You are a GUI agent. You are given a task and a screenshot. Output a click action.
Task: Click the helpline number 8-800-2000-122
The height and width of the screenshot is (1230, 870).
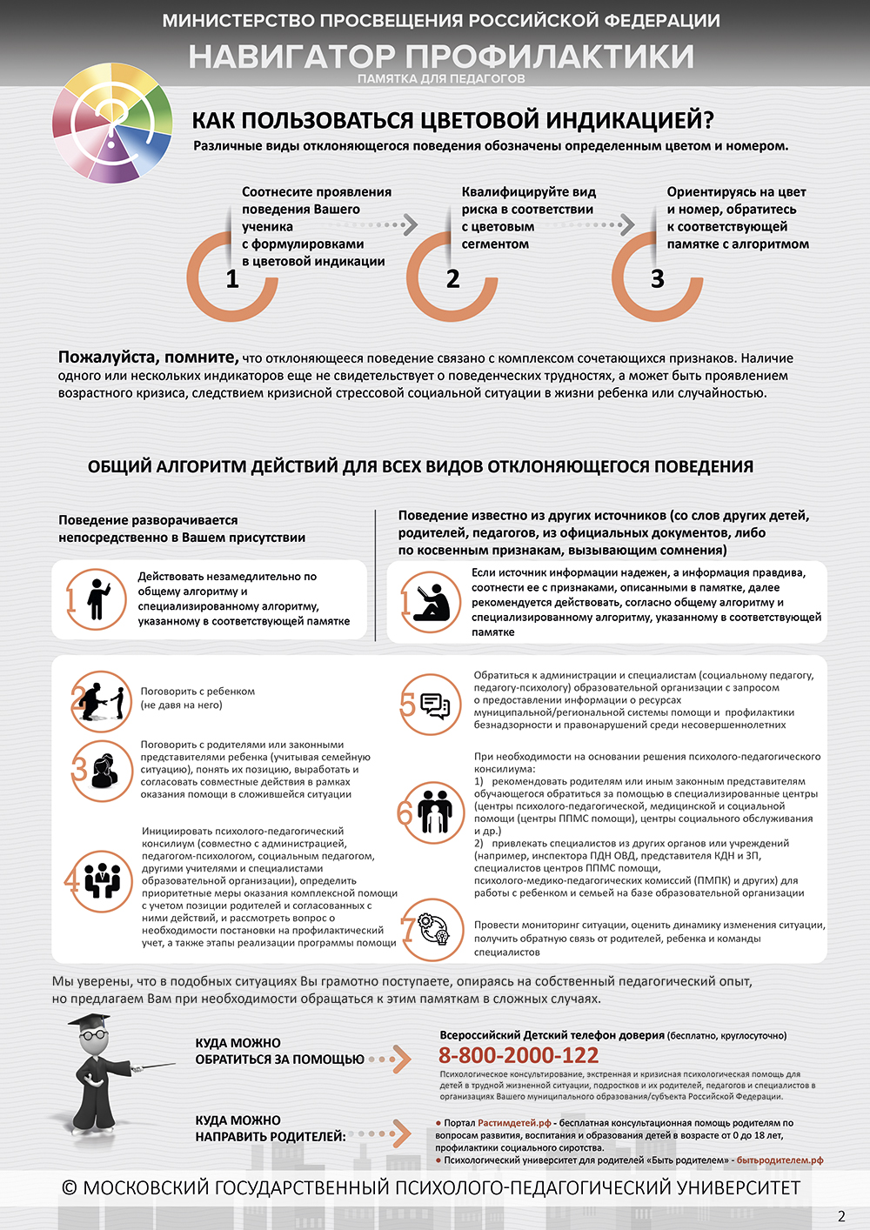[x=519, y=1055]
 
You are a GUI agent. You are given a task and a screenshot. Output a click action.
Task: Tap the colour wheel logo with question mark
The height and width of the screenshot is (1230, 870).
[x=111, y=123]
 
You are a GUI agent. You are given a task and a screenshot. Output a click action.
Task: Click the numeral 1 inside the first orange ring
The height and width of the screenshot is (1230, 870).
[x=232, y=279]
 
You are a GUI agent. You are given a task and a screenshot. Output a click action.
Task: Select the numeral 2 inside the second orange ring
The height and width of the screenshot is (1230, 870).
[x=452, y=279]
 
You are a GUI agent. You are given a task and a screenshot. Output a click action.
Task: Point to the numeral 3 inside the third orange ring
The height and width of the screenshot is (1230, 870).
[x=658, y=279]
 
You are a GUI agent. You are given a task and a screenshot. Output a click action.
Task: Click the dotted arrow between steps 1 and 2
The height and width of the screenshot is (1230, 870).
[x=399, y=225]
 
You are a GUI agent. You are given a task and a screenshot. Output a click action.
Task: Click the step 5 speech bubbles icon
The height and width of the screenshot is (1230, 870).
[x=434, y=704]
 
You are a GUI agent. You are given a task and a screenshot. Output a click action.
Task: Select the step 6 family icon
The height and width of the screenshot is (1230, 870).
[x=434, y=812]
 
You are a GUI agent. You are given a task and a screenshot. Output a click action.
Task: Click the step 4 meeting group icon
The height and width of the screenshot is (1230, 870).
[x=102, y=881]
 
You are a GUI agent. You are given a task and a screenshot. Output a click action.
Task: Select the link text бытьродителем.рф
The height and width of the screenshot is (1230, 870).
[x=780, y=1160]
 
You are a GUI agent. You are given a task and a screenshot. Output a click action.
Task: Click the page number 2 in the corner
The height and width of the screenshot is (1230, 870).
[x=841, y=1216]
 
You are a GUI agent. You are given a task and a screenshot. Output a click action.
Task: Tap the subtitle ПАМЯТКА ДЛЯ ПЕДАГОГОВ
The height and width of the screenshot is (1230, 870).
[x=441, y=78]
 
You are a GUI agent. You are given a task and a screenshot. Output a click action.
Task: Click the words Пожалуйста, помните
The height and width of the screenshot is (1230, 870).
[x=148, y=357]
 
